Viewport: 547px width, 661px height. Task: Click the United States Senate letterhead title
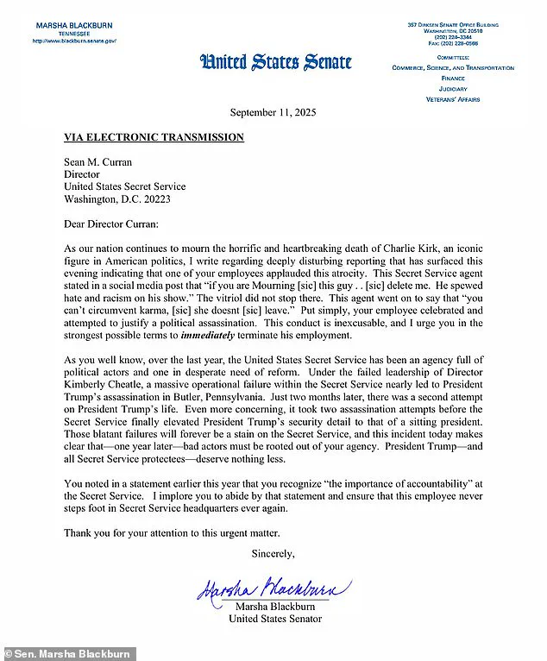276,61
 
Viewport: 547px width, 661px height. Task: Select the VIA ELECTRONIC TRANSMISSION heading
154,137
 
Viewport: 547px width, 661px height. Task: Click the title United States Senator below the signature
275,619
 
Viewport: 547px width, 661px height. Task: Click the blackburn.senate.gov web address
74,41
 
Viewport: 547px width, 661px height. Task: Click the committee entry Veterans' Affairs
452,99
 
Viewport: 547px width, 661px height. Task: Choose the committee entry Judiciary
452,88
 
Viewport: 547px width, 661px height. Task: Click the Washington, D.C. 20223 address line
116,198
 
